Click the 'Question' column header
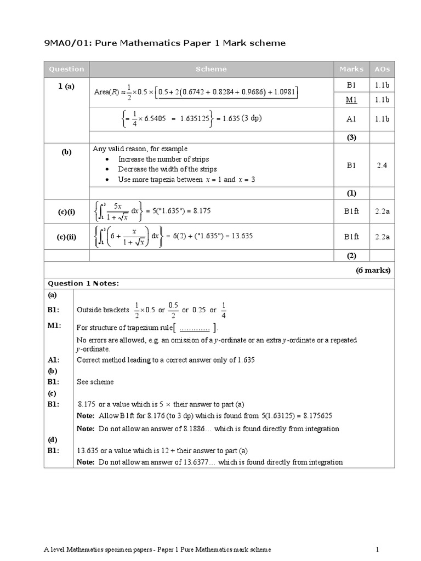click(66, 69)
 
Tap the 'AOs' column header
click(382, 69)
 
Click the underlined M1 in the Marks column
click(351, 100)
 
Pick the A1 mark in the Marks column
click(351, 118)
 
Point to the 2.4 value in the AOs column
click(382, 165)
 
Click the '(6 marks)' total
click(373, 270)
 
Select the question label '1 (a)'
click(66, 87)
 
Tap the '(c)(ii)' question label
click(66, 237)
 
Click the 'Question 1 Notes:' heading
click(83, 283)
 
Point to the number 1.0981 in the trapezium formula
click(283, 92)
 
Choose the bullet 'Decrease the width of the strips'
click(167, 169)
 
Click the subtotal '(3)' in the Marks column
click(351, 138)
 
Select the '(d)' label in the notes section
click(52, 439)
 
